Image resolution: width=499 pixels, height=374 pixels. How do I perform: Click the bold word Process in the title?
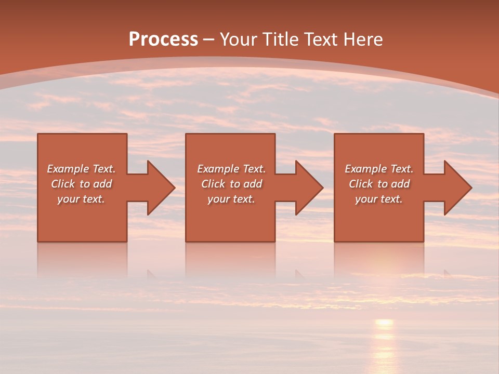[x=163, y=39]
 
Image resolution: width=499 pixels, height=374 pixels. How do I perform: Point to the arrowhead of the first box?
[x=160, y=188]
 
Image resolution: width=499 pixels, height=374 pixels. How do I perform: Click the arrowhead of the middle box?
[x=309, y=188]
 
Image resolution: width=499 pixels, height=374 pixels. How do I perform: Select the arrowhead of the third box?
[x=457, y=188]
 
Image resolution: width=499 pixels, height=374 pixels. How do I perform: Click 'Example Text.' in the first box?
[x=81, y=169]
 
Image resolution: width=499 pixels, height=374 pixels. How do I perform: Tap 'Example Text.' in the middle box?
[x=231, y=169]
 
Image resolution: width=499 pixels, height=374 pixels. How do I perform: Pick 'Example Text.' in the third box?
[x=379, y=169]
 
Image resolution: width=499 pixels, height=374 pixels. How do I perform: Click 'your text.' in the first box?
[x=81, y=199]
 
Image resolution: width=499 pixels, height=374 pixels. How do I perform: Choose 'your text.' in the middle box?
[x=231, y=199]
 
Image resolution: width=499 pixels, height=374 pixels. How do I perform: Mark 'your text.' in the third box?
[x=379, y=199]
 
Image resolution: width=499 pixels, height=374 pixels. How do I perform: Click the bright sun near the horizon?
[x=384, y=323]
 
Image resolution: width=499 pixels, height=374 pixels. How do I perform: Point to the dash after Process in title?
[x=208, y=40]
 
